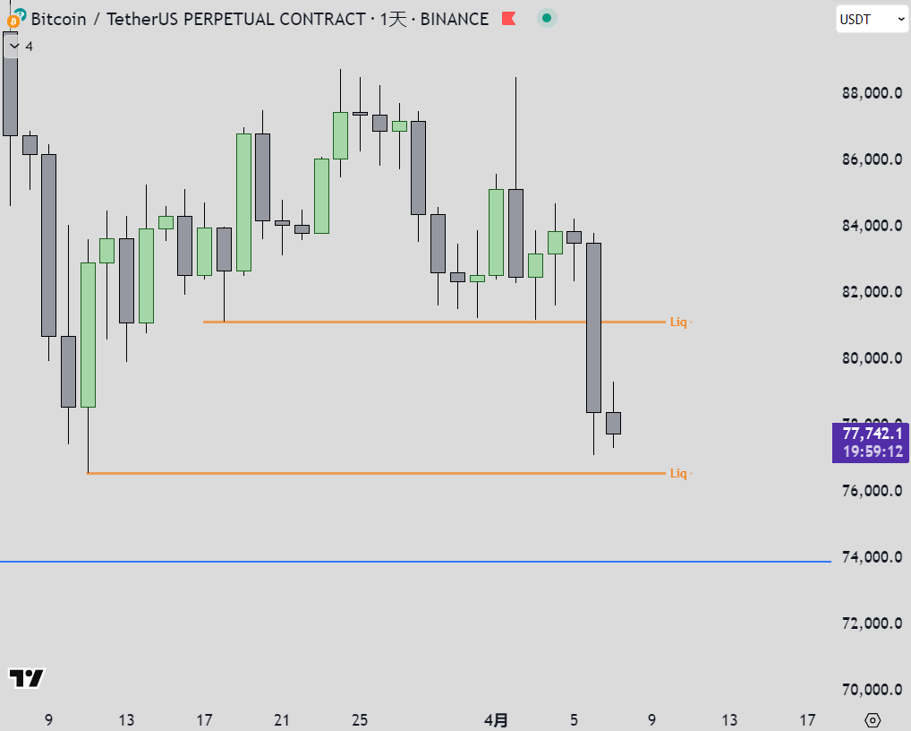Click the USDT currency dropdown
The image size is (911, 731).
click(x=872, y=19)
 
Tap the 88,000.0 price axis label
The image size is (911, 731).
click(x=871, y=93)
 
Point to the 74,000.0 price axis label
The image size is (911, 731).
click(x=871, y=557)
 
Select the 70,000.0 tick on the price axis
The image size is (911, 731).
click(x=871, y=690)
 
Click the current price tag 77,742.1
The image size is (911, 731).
click(x=871, y=434)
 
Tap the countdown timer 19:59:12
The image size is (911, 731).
click(x=871, y=451)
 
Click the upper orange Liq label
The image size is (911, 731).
click(x=679, y=322)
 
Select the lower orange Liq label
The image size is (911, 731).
click(x=679, y=473)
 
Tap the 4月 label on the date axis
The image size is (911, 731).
click(x=497, y=719)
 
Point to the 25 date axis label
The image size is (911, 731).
click(x=360, y=719)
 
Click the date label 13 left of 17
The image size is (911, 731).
click(x=126, y=719)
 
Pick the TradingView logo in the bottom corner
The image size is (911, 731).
click(x=26, y=678)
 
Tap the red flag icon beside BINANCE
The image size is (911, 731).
click(x=508, y=18)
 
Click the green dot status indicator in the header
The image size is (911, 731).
click(x=547, y=18)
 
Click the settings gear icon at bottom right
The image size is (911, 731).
click(x=873, y=719)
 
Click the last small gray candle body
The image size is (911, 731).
click(x=613, y=423)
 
